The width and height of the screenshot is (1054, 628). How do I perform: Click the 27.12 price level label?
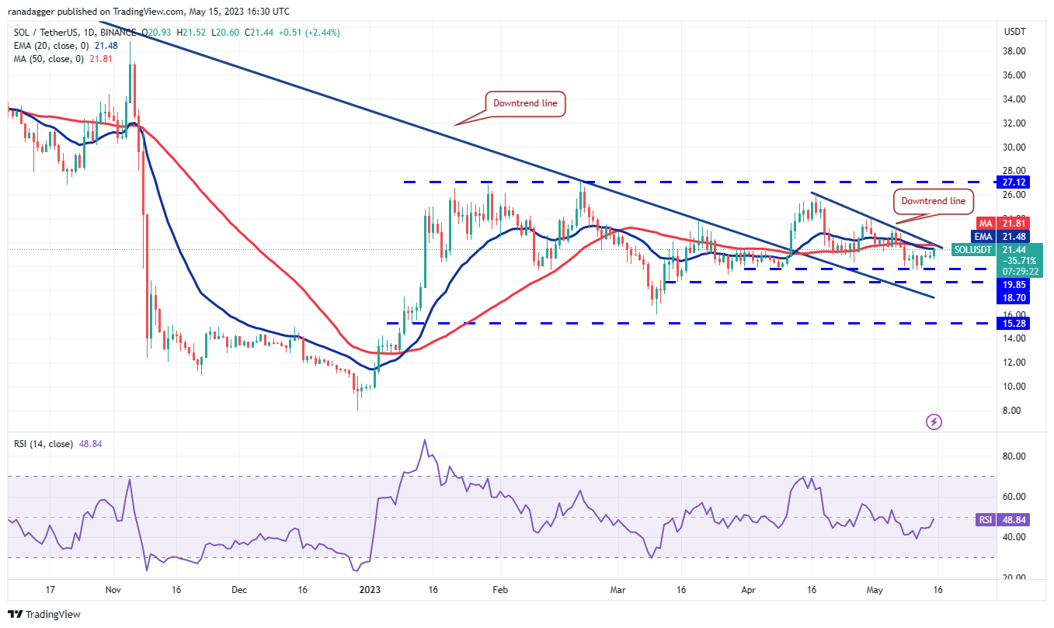pos(1014,182)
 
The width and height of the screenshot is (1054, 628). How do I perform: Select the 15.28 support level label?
pos(1014,322)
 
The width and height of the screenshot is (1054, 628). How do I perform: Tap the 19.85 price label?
pos(1014,284)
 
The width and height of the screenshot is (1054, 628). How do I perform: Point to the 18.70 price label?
pos(1014,297)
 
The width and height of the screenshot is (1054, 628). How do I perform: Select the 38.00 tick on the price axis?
pos(1014,51)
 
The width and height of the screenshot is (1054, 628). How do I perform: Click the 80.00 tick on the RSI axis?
pos(1014,456)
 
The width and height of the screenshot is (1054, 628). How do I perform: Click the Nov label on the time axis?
pos(113,589)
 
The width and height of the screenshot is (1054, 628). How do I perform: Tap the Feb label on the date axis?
pos(499,589)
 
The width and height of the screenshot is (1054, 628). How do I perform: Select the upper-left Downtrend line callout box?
pos(526,103)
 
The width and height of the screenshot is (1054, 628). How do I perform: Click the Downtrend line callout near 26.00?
pos(933,201)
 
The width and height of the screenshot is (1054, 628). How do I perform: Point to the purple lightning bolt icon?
pos(934,422)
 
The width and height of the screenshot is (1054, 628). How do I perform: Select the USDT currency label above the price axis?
pos(1014,33)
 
